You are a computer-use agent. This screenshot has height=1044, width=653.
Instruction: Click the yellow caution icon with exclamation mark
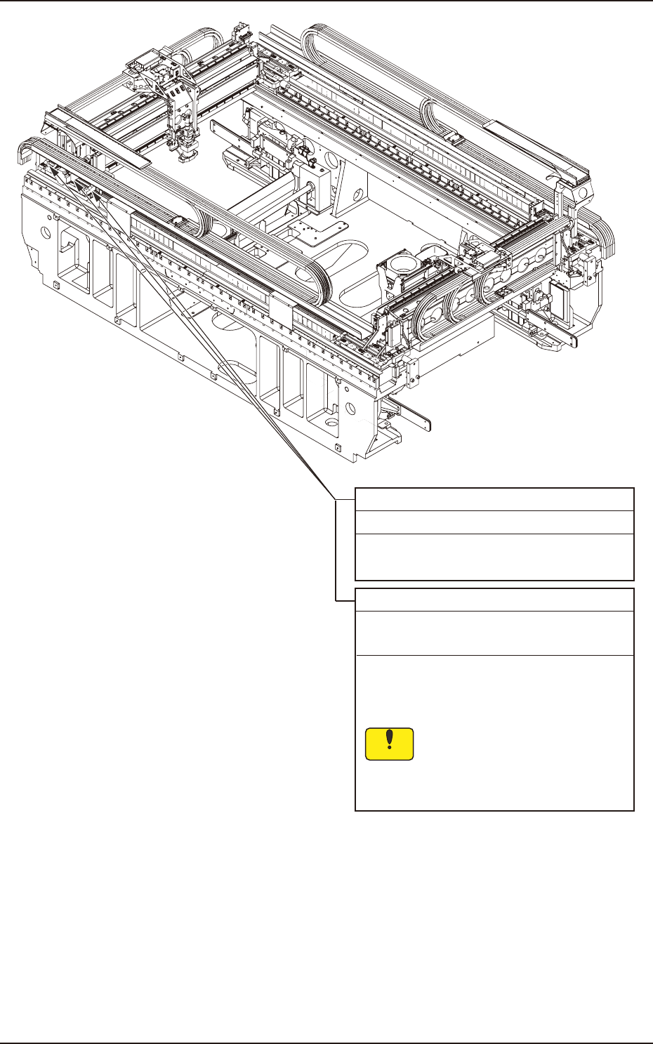point(390,744)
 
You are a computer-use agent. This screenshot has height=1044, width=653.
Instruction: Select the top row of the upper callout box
point(494,499)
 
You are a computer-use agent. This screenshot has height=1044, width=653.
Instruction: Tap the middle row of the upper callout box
point(494,522)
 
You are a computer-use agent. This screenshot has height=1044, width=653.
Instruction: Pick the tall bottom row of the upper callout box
point(494,557)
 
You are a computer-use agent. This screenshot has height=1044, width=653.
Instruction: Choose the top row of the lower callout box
point(494,600)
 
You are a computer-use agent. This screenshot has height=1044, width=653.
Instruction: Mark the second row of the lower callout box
point(494,633)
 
